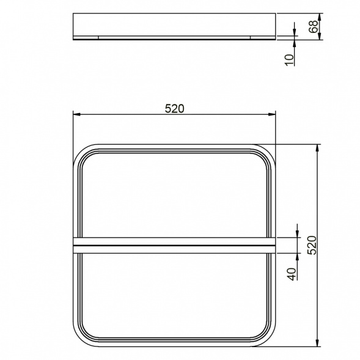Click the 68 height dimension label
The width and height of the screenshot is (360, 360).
click(314, 26)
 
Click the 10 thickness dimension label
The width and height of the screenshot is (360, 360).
click(289, 60)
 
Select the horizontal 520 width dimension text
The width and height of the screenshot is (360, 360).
click(174, 109)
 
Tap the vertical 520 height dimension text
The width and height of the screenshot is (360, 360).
click(312, 245)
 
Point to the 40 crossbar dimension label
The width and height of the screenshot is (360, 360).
click(292, 274)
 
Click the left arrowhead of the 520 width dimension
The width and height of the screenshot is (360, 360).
click(76, 114)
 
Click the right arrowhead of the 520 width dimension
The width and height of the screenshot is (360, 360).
click(272, 114)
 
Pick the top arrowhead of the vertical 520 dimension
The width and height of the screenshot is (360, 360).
click(318, 149)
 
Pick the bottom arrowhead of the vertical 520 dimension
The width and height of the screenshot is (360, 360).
click(318, 343)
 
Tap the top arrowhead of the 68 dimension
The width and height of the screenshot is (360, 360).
click(319, 17)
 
